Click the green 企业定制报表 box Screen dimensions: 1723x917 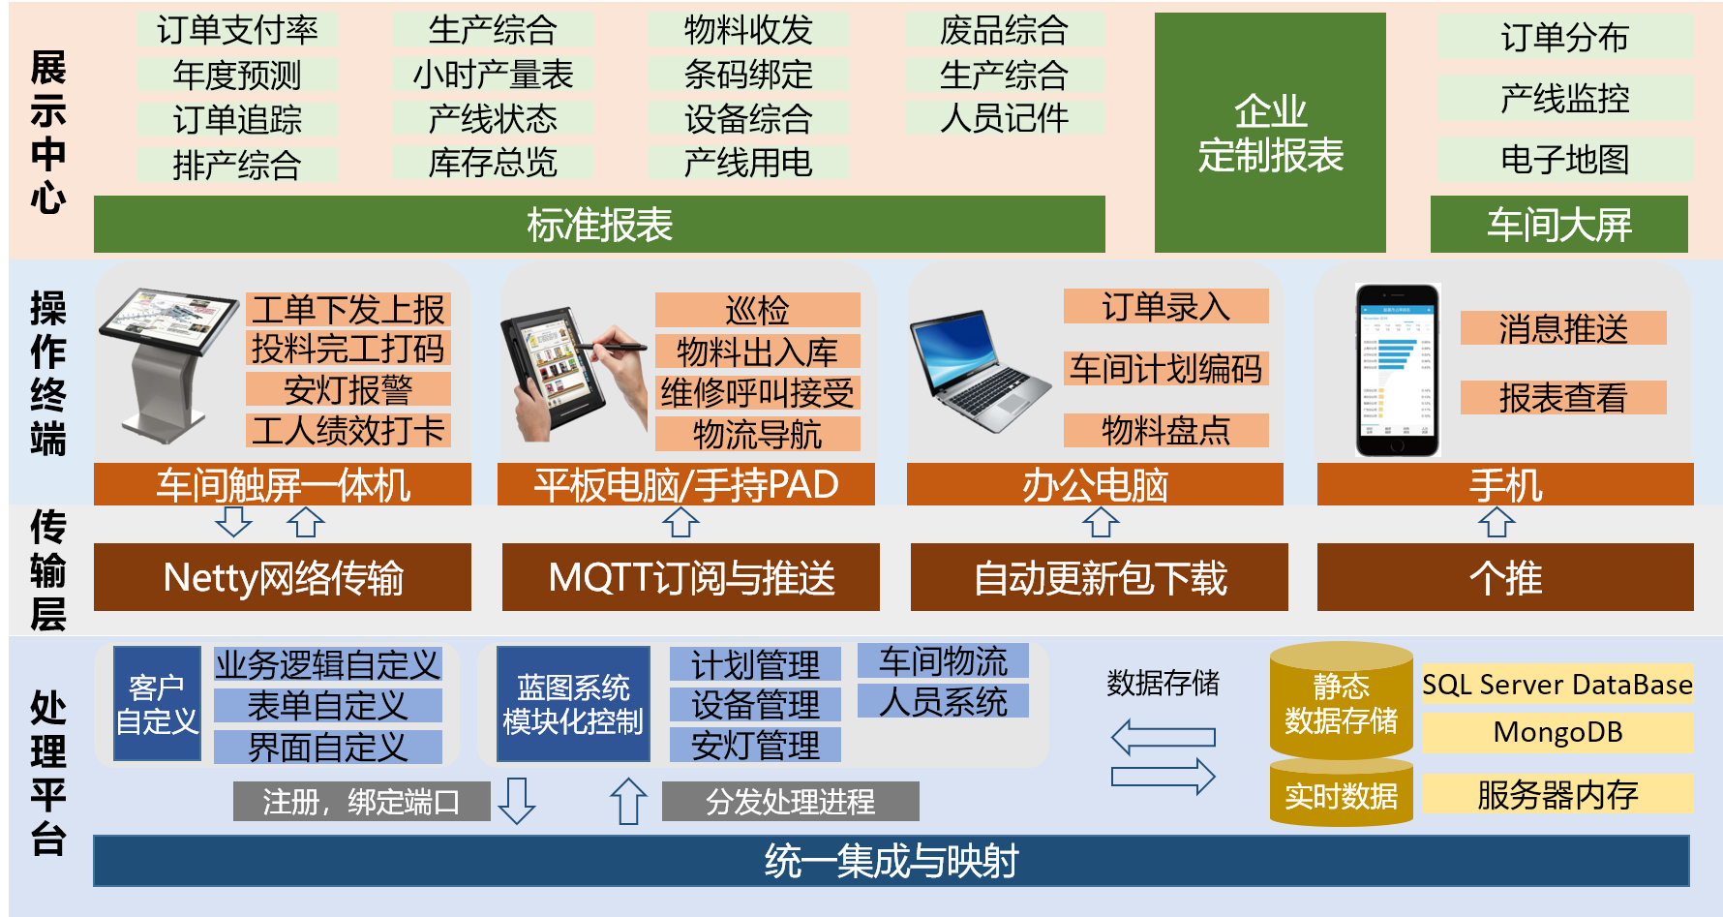pyautogui.click(x=1270, y=133)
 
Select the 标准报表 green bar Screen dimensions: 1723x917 pyautogui.click(x=599, y=225)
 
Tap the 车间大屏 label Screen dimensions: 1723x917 pyautogui.click(x=1558, y=225)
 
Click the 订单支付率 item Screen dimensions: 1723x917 pyautogui.click(x=237, y=30)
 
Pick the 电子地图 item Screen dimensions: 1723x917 pyautogui.click(x=1564, y=159)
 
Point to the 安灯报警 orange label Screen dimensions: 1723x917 pyautogui.click(x=348, y=389)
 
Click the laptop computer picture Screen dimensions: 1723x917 pyautogui.click(x=979, y=371)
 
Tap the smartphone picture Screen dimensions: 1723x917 pyautogui.click(x=1397, y=370)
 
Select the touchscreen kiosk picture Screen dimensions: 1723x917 pyautogui.click(x=166, y=364)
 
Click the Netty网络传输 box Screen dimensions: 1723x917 pyautogui.click(x=283, y=577)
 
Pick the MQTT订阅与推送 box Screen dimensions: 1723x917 pyautogui.click(x=691, y=577)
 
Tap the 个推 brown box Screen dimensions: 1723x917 pyautogui.click(x=1505, y=577)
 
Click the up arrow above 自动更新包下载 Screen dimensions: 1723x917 pyautogui.click(x=1101, y=523)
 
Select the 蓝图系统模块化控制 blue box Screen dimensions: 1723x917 pyautogui.click(x=573, y=704)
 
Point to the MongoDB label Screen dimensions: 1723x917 pyautogui.click(x=1557, y=732)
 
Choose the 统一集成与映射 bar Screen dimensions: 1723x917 pyautogui.click(x=891, y=861)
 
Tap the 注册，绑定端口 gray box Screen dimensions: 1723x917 pyautogui.click(x=361, y=802)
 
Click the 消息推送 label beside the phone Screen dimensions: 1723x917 pyautogui.click(x=1563, y=328)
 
